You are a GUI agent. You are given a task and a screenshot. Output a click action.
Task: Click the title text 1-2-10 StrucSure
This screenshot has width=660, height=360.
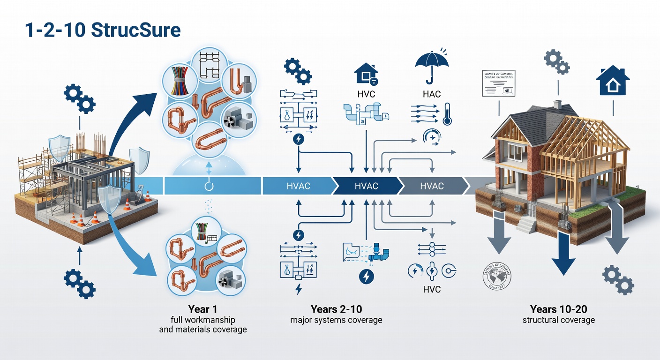tap(102, 30)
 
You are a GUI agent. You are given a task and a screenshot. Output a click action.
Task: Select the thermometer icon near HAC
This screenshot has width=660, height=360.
tap(446, 114)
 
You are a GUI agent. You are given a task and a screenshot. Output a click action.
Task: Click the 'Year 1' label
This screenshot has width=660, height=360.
tap(202, 309)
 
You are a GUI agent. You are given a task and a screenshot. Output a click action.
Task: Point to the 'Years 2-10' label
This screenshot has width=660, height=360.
tap(336, 309)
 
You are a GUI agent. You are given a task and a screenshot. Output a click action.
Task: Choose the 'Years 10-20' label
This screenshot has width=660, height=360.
tap(558, 309)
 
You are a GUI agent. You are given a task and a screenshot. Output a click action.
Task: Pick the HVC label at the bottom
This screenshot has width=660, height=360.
tap(431, 289)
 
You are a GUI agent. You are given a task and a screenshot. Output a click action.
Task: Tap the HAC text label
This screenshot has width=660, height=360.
tap(431, 94)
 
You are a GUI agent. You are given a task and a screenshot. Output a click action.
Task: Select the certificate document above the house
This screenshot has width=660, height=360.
tap(498, 83)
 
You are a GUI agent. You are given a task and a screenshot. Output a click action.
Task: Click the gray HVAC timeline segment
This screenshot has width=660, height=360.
tap(432, 186)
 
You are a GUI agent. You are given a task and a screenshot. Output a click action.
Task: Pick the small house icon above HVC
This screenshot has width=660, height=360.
tap(366, 74)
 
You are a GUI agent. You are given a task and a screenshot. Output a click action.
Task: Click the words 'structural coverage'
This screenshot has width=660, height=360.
tap(558, 320)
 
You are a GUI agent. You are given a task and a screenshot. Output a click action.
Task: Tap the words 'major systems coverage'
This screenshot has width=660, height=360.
tap(336, 320)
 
